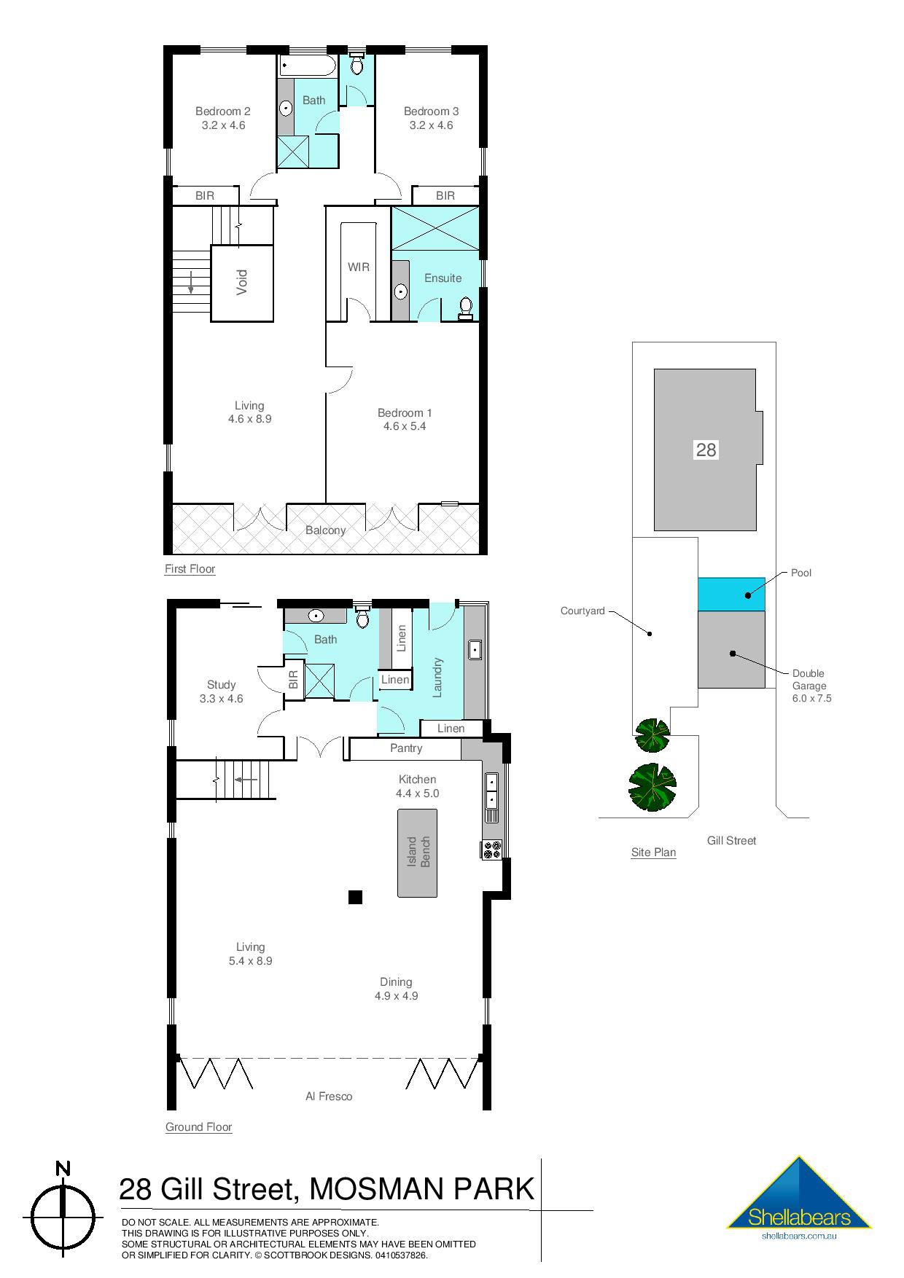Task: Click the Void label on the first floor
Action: (242, 283)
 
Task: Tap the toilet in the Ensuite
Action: (465, 309)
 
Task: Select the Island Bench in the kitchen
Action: (417, 852)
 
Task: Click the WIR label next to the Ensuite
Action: (358, 267)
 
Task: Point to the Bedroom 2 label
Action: (222, 111)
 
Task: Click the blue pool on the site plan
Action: (730, 594)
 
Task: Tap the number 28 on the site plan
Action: (706, 450)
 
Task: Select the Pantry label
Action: (405, 748)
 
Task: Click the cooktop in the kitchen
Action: (491, 849)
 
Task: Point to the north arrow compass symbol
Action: (63, 1216)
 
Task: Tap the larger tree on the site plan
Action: (652, 787)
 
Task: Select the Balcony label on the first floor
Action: (325, 530)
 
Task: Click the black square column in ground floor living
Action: (355, 897)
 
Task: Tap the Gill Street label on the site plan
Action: (731, 841)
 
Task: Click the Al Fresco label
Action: (328, 1096)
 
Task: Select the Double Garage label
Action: (808, 680)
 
